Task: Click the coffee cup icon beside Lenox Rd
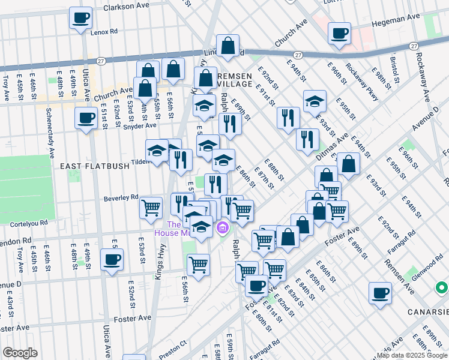click(x=80, y=17)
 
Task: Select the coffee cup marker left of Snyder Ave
click(x=85, y=118)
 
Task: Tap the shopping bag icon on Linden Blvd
click(x=228, y=46)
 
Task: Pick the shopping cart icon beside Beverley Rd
click(x=151, y=208)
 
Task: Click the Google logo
click(x=20, y=353)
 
